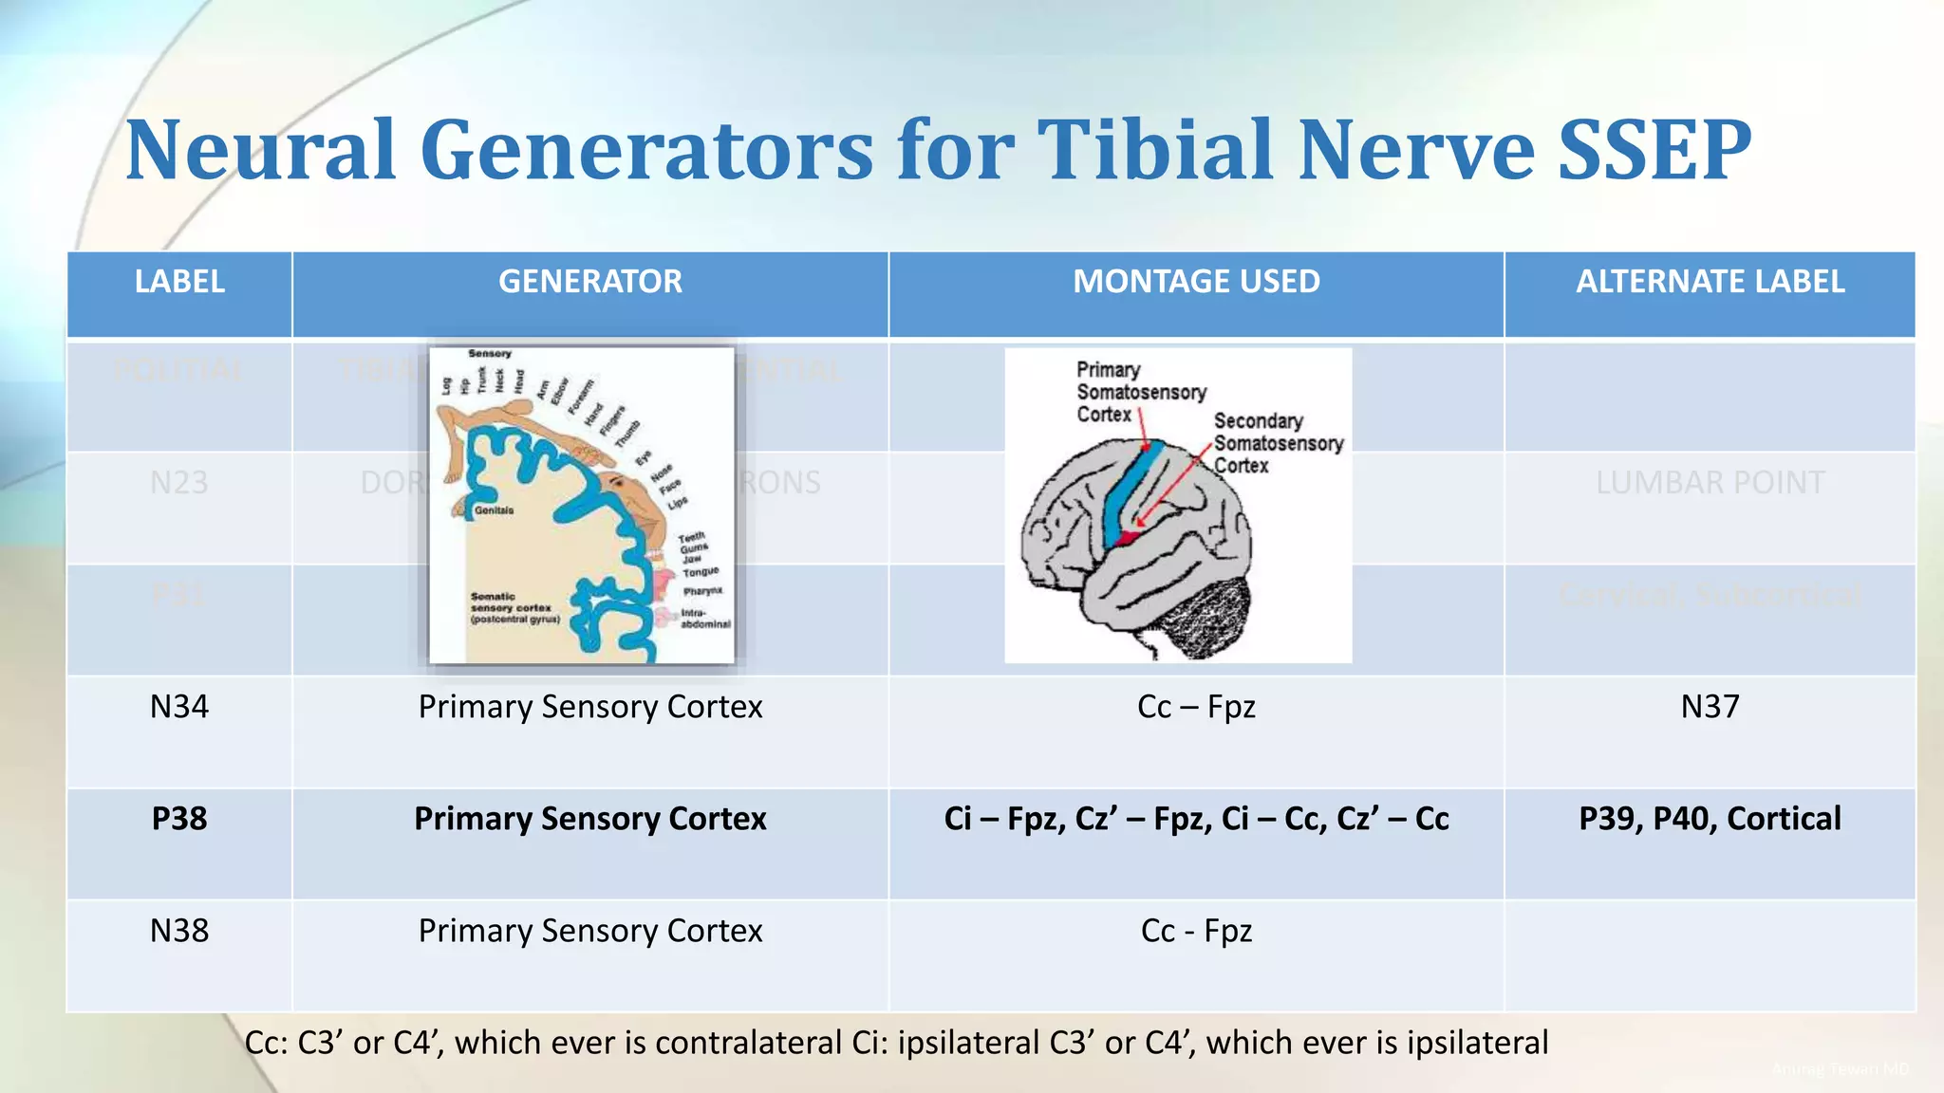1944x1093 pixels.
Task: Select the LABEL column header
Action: [179, 282]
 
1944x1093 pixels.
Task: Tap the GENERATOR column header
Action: [589, 282]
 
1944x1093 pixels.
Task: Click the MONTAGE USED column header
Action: [1196, 282]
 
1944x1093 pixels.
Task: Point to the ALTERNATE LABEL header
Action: [1710, 282]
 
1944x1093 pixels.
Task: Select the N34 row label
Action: [179, 707]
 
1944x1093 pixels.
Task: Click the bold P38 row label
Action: [179, 819]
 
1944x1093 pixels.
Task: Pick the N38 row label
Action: [179, 931]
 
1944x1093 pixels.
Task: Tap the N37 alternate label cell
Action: [1710, 707]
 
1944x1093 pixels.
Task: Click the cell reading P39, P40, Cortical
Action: [1710, 819]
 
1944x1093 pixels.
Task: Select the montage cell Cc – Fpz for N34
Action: [1196, 707]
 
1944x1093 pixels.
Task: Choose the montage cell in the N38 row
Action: [1196, 931]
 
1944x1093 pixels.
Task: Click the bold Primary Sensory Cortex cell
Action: [589, 819]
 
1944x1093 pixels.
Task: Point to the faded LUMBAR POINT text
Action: [1710, 483]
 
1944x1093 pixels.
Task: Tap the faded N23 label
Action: [179, 483]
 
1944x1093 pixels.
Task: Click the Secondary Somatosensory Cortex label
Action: [1277, 443]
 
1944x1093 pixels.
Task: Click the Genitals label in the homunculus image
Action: [494, 510]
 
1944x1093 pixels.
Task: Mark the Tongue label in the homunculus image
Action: [701, 572]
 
